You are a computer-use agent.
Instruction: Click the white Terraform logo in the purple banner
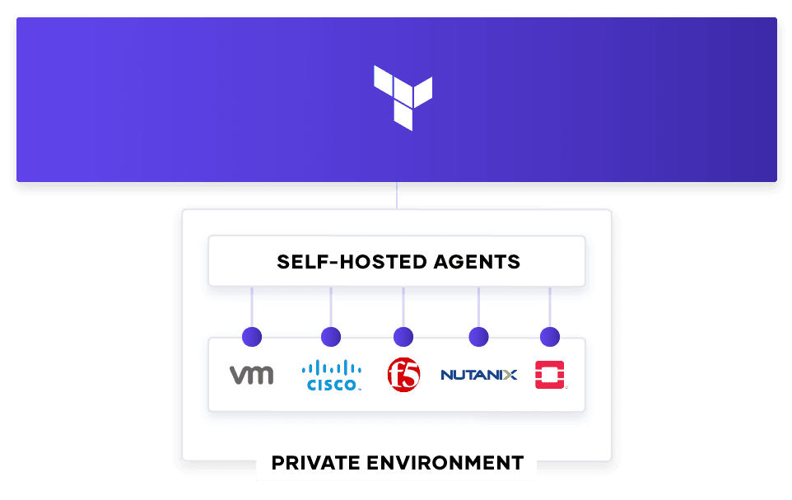pos(403,97)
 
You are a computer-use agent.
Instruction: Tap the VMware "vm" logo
pos(252,375)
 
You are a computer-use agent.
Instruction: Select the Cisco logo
pos(331,375)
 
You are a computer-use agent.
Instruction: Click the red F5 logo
pos(403,375)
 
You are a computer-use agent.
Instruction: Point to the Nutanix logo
pos(479,375)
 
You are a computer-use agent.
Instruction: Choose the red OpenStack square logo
pos(550,375)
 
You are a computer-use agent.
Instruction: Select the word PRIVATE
pos(315,463)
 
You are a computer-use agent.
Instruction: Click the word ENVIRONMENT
pos(445,463)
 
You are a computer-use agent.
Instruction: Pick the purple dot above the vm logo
pos(252,337)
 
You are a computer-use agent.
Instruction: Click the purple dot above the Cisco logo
pos(331,337)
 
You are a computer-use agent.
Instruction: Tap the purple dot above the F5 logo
pos(403,337)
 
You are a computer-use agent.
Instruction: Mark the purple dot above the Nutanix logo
pos(479,337)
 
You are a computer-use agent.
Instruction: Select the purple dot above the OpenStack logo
pos(550,337)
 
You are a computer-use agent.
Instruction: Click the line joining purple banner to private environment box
pos(397,196)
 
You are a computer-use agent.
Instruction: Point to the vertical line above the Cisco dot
pos(331,307)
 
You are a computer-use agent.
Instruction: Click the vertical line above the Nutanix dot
pos(479,307)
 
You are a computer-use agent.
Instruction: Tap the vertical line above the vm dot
pos(252,307)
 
